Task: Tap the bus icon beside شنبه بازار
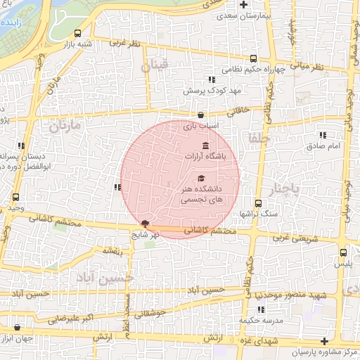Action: [77, 32]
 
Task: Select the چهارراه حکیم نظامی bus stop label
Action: [246, 70]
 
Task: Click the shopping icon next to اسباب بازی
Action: [201, 115]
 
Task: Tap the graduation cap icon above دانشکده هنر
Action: [202, 178]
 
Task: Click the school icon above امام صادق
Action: [323, 135]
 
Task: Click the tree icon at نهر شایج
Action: [145, 223]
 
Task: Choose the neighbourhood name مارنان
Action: [65, 127]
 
